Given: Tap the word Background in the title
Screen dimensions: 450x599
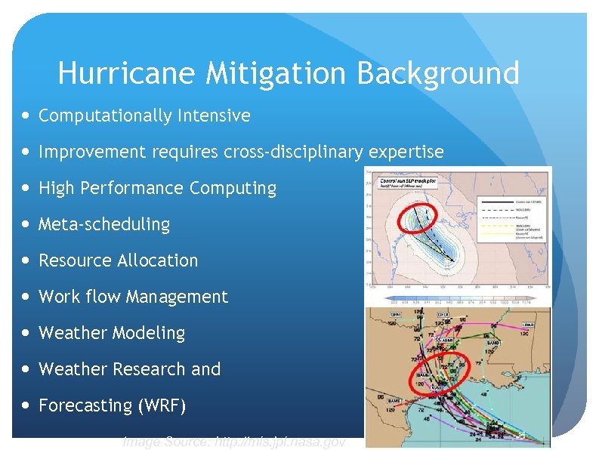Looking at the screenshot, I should [x=437, y=74].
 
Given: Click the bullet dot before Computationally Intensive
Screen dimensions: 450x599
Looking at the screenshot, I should [x=27, y=116].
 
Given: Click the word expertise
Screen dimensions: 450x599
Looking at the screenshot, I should [x=406, y=152].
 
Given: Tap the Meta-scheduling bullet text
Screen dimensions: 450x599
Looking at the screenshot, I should [x=104, y=224].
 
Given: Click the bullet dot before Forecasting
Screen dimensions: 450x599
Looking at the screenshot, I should [x=27, y=405].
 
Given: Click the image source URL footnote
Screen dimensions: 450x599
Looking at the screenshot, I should [x=234, y=442].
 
